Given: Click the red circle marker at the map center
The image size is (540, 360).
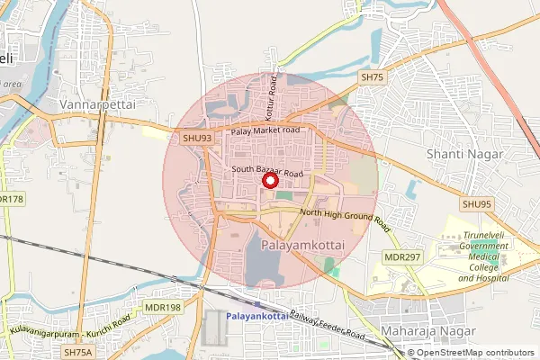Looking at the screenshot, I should pyautogui.click(x=269, y=180).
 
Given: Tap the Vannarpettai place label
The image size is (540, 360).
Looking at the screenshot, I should pyautogui.click(x=96, y=105).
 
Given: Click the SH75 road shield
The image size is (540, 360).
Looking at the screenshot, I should pyautogui.click(x=372, y=78).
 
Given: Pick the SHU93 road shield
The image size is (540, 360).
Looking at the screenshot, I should pyautogui.click(x=196, y=138).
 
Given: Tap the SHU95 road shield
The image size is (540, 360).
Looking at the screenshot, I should pyautogui.click(x=477, y=204).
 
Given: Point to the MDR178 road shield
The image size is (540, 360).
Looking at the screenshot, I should pyautogui.click(x=9, y=199).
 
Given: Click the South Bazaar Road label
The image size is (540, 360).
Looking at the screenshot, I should pyautogui.click(x=266, y=168).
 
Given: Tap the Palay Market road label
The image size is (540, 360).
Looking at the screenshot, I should pyautogui.click(x=265, y=131).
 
